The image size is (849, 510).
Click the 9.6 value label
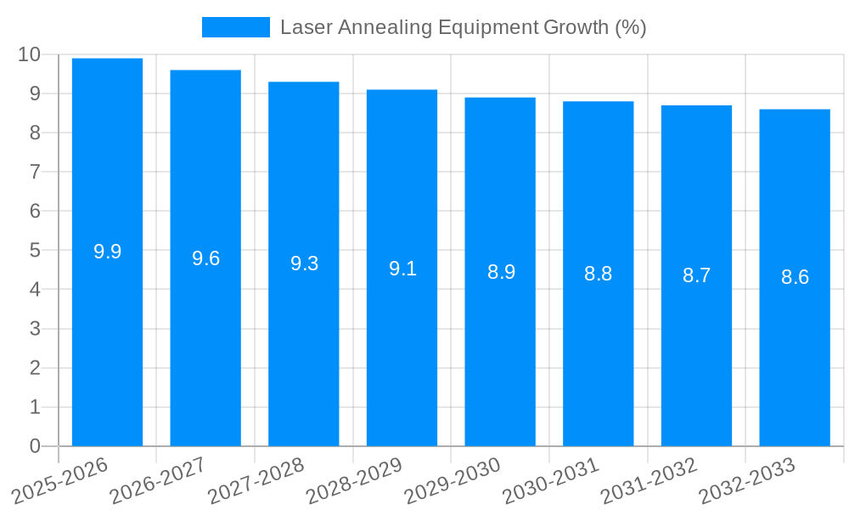pyautogui.click(x=205, y=258)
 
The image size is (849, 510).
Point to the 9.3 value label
pyautogui.click(x=304, y=263)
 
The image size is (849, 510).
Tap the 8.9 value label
pyautogui.click(x=501, y=272)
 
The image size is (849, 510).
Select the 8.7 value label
pyautogui.click(x=696, y=275)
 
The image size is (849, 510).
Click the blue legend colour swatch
pyautogui.click(x=235, y=27)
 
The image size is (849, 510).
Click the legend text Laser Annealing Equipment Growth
pyautogui.click(x=463, y=27)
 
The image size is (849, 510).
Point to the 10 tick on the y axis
pyautogui.click(x=29, y=54)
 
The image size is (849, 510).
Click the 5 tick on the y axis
pyautogui.click(x=35, y=251)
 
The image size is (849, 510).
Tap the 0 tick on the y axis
pyautogui.click(x=35, y=446)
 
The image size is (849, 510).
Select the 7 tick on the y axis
pyautogui.click(x=35, y=172)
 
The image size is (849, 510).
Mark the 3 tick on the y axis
pyautogui.click(x=35, y=329)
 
